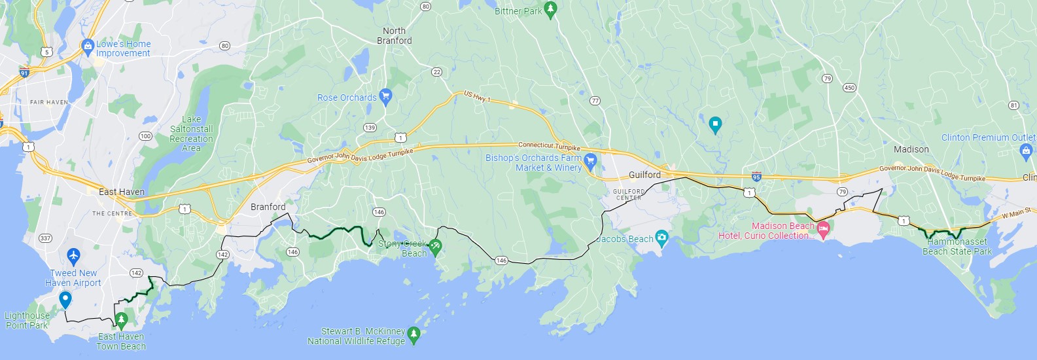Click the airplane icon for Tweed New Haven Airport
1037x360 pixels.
click(x=73, y=255)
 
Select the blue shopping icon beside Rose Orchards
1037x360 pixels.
click(x=385, y=96)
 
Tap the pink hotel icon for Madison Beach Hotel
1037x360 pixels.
click(x=824, y=229)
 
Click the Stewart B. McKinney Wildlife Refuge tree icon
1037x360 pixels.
click(x=413, y=334)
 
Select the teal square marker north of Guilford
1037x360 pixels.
click(x=715, y=123)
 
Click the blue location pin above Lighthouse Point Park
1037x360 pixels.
click(x=65, y=299)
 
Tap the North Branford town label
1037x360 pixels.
click(x=395, y=35)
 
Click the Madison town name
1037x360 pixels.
click(x=911, y=149)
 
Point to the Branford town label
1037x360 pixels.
click(x=268, y=207)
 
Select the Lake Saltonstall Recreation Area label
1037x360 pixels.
click(x=191, y=134)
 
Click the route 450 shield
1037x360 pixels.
click(x=849, y=88)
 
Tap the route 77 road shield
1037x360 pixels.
click(x=595, y=101)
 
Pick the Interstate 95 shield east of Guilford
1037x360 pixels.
click(x=756, y=177)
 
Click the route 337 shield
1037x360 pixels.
click(x=45, y=238)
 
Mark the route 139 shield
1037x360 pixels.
click(x=370, y=128)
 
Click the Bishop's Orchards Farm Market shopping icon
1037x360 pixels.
click(x=590, y=160)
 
